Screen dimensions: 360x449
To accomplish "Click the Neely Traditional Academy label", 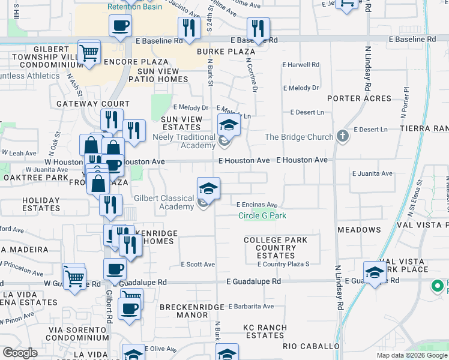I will [x=184, y=142].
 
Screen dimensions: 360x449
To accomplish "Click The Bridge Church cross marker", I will [x=343, y=136].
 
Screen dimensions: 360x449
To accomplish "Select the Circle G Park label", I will [x=262, y=215].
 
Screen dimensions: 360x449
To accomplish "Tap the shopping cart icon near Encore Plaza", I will [x=89, y=52].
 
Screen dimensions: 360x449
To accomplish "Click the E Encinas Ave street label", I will [x=256, y=205].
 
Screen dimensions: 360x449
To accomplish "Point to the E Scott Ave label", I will [x=197, y=265].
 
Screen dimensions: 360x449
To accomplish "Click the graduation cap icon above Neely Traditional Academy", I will [x=229, y=125].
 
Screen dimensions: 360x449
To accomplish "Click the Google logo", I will [x=20, y=353].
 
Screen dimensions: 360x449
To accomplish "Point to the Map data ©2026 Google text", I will [x=412, y=355].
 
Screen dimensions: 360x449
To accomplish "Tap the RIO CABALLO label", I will [x=311, y=347].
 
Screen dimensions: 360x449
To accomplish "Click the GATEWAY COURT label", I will [x=85, y=104].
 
